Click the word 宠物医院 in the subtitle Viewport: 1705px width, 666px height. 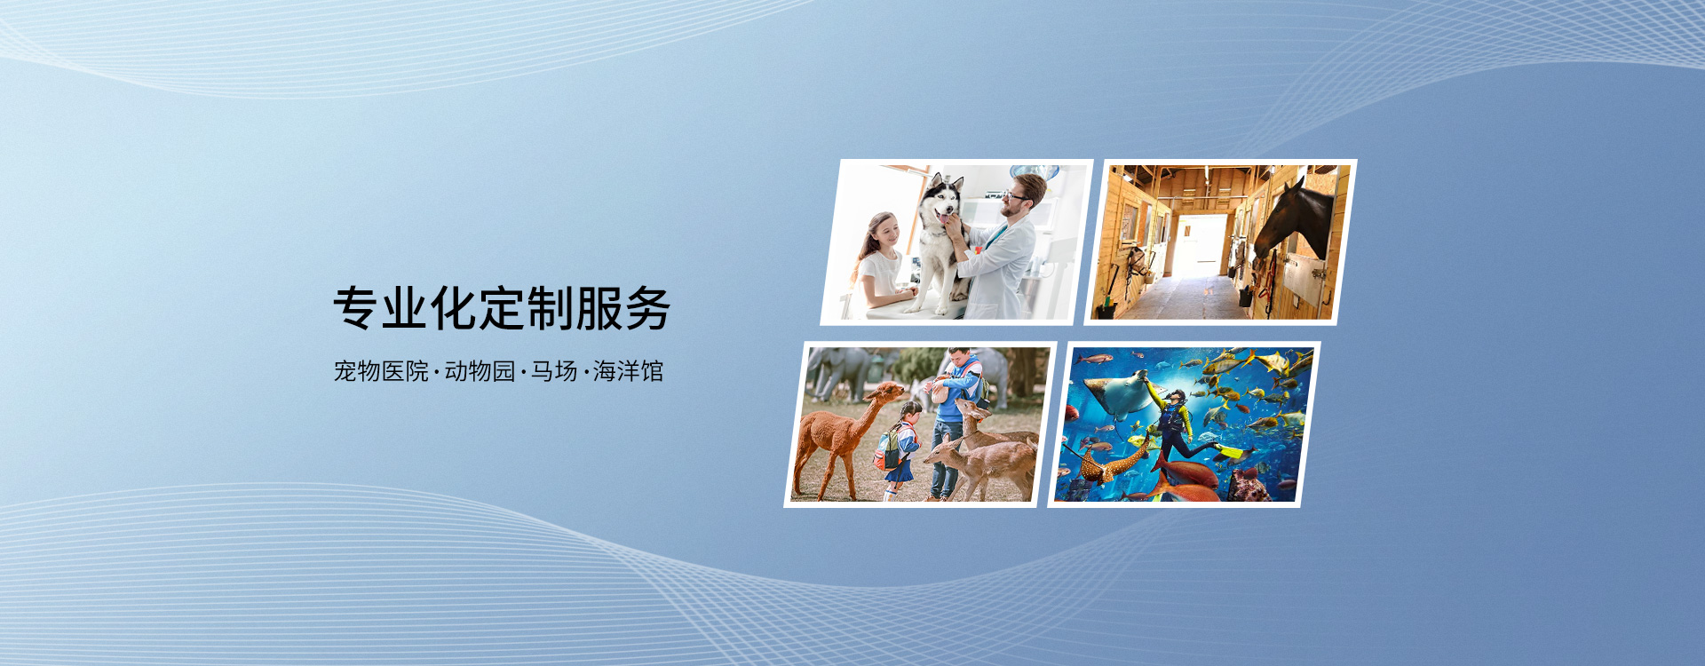(381, 371)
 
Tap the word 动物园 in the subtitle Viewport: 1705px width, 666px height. (480, 371)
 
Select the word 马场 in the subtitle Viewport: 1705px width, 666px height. (554, 371)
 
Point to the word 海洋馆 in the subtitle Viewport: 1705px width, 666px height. (629, 371)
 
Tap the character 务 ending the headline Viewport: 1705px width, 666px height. (647, 309)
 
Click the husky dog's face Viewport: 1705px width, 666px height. (939, 201)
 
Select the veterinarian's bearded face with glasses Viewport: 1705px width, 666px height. (1015, 197)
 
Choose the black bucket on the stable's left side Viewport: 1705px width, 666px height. (1105, 307)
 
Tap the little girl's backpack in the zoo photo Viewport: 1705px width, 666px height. (887, 449)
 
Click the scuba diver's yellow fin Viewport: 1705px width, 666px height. (1231, 453)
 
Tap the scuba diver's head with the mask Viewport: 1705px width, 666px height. (1176, 398)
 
